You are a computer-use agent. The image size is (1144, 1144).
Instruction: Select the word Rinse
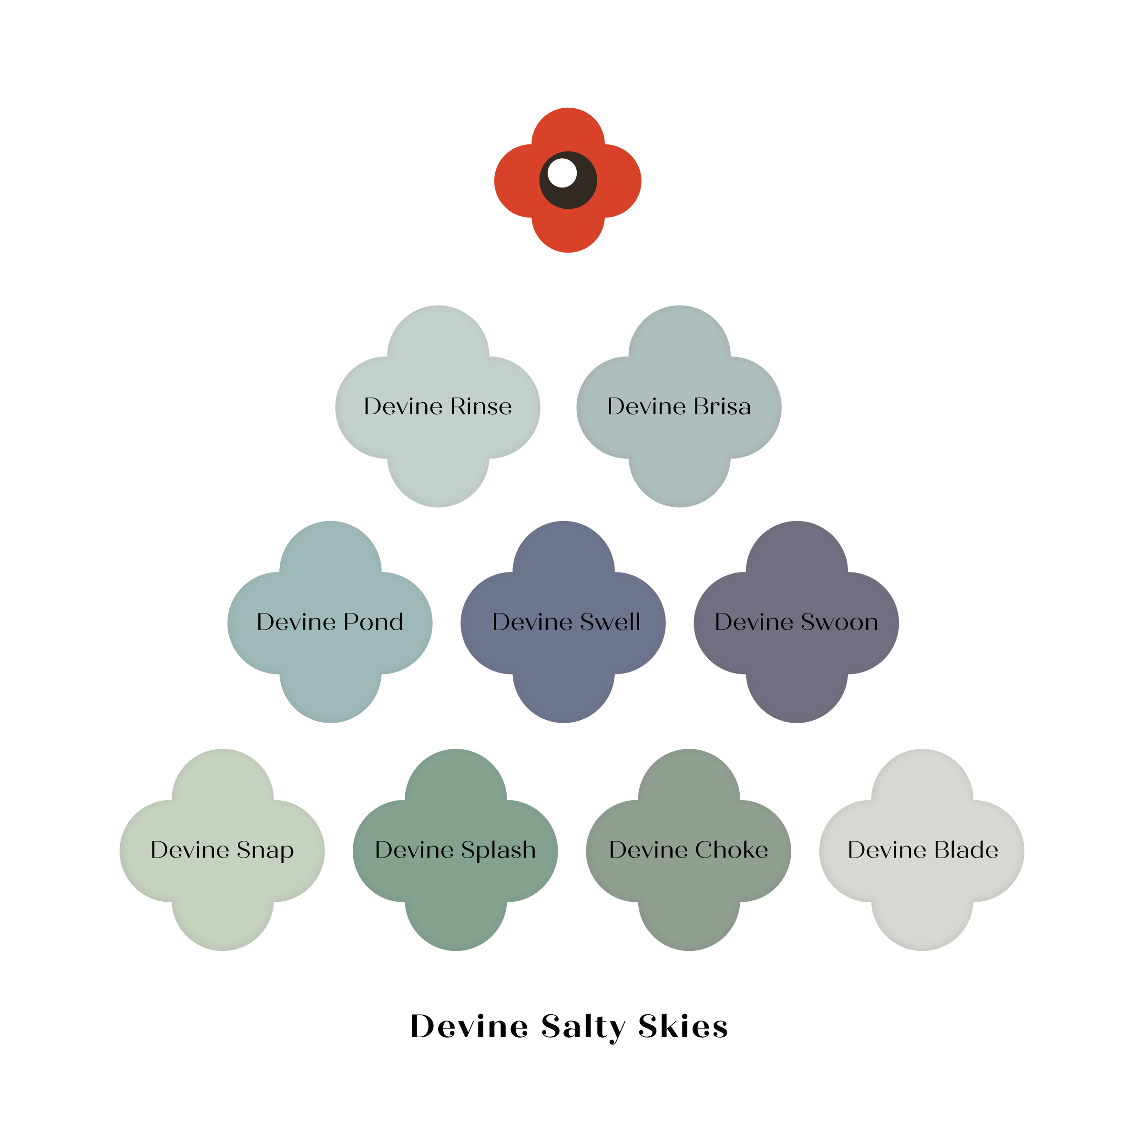click(x=480, y=406)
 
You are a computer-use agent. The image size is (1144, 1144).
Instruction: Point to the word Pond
click(x=373, y=622)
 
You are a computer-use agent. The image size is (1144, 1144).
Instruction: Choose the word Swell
click(x=610, y=622)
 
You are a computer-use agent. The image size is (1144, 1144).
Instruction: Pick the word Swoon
click(x=839, y=622)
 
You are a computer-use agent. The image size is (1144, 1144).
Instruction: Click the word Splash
click(x=499, y=850)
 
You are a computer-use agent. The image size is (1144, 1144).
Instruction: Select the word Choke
click(x=731, y=850)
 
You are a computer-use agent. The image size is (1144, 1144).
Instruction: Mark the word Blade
click(x=967, y=850)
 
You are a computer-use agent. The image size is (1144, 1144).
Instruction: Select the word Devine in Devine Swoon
click(x=754, y=622)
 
